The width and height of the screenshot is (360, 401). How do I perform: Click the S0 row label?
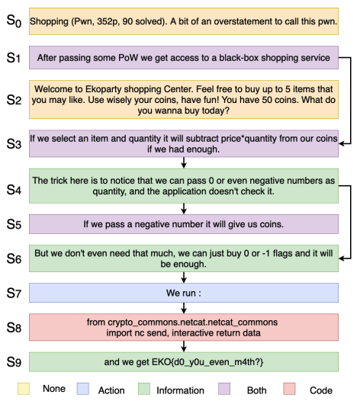coord(14,21)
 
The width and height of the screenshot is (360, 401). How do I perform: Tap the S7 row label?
coord(14,293)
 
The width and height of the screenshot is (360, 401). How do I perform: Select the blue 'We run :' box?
coord(184,293)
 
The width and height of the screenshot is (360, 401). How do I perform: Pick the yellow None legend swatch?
coord(24,389)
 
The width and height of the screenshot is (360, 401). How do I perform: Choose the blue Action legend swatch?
coord(83,389)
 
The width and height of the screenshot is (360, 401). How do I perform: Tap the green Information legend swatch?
coord(144,389)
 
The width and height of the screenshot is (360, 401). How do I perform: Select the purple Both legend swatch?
coord(224,389)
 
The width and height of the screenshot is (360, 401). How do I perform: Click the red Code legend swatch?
coord(289,389)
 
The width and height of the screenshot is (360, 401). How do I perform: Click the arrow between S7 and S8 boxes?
coord(184,308)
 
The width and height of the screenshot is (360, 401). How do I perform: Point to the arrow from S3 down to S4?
coord(184,163)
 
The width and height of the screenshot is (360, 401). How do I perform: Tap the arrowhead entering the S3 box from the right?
coord(342,144)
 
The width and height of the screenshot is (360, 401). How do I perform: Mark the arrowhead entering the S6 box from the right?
coord(342,258)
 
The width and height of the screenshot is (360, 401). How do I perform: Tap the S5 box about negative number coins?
coord(184,224)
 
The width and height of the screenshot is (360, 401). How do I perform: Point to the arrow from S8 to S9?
coord(184,347)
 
